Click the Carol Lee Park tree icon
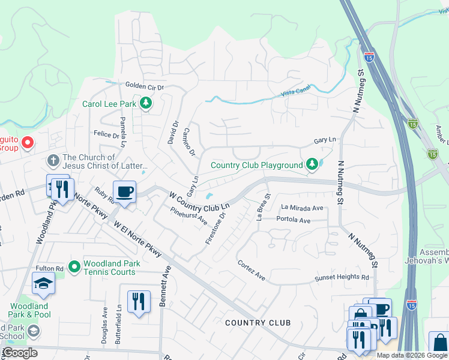click(x=145, y=104)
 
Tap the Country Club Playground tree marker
click(x=312, y=164)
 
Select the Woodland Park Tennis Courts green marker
click(x=74, y=266)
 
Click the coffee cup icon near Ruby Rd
click(x=124, y=192)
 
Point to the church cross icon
click(x=53, y=161)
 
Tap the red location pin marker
click(x=27, y=143)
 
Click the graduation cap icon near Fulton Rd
click(x=43, y=283)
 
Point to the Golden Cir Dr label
click(x=144, y=86)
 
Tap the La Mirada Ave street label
click(x=302, y=208)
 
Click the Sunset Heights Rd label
click(x=342, y=278)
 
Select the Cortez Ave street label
click(x=251, y=271)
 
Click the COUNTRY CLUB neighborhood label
click(x=258, y=323)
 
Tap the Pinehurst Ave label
click(x=188, y=217)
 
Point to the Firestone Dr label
click(x=216, y=227)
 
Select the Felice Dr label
click(x=106, y=135)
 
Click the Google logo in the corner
click(x=20, y=353)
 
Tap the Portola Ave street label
click(x=294, y=220)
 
